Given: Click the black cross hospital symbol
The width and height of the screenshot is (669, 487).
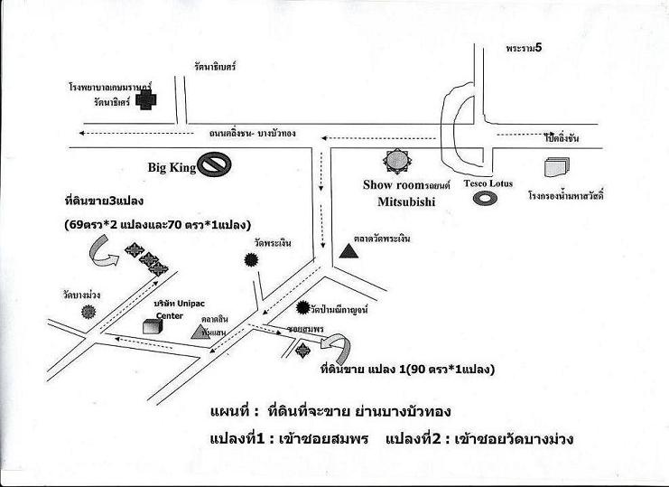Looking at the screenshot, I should click(x=144, y=102).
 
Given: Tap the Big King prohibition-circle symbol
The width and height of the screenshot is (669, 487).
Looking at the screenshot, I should click(x=216, y=164).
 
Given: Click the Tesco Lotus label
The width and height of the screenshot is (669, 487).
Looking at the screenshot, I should click(x=488, y=183).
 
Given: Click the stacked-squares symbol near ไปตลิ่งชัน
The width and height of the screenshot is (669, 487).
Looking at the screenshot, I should click(x=556, y=168).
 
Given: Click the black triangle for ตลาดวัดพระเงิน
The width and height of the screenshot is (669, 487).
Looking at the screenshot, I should click(x=348, y=249).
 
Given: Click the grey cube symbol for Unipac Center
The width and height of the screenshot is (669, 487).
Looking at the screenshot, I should click(x=152, y=327).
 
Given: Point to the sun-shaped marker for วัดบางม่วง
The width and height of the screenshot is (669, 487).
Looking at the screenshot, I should click(x=88, y=311).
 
